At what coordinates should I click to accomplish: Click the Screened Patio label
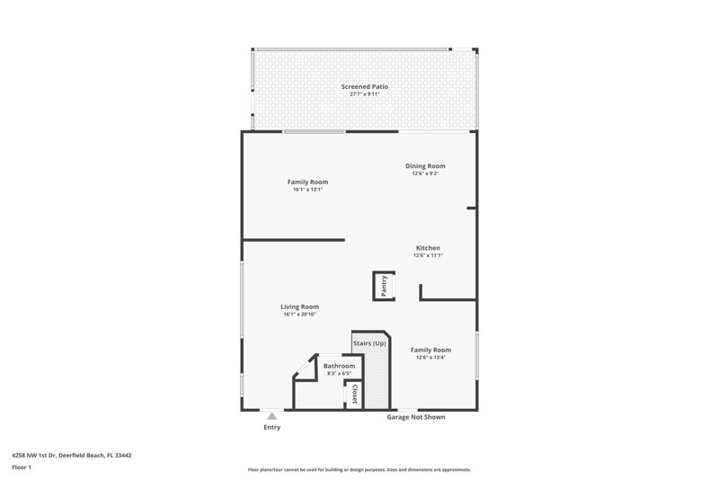(x=365, y=86)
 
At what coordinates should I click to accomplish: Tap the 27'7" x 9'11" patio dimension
(x=365, y=94)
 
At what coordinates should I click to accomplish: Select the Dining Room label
(x=425, y=166)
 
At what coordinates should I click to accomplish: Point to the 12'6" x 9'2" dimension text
(x=425, y=173)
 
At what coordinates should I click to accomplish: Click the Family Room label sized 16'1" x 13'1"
(x=307, y=182)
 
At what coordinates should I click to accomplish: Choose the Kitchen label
(x=428, y=248)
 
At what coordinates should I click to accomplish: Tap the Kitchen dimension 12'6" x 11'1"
(x=428, y=255)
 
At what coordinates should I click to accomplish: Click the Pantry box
(x=384, y=286)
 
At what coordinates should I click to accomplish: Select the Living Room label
(x=299, y=306)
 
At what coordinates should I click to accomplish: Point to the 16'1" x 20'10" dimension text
(x=299, y=314)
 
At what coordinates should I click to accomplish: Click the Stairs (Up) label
(x=369, y=343)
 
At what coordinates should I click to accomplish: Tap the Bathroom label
(x=340, y=366)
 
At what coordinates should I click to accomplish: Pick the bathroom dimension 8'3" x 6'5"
(x=340, y=374)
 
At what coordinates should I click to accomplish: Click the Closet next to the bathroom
(x=354, y=395)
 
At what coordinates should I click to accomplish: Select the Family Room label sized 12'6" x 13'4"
(x=431, y=350)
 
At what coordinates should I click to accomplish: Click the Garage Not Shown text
(x=416, y=417)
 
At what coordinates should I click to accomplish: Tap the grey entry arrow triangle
(x=272, y=416)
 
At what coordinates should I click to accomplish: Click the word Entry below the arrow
(x=272, y=427)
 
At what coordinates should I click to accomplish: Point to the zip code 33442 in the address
(x=123, y=455)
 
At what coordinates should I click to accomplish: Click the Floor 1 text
(x=22, y=467)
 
